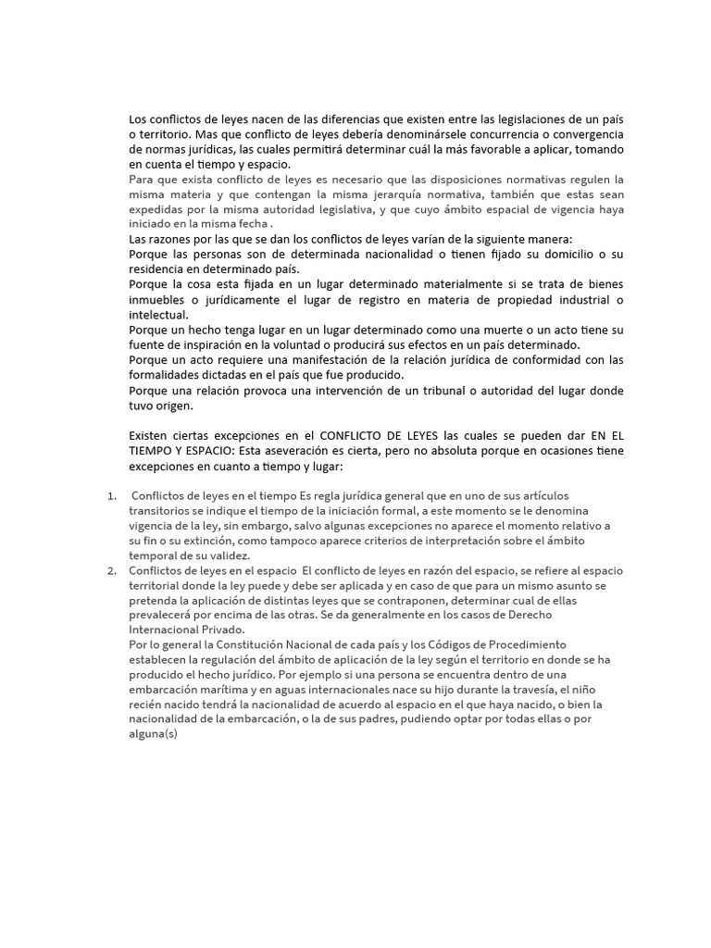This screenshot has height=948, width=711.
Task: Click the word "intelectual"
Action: [158, 314]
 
